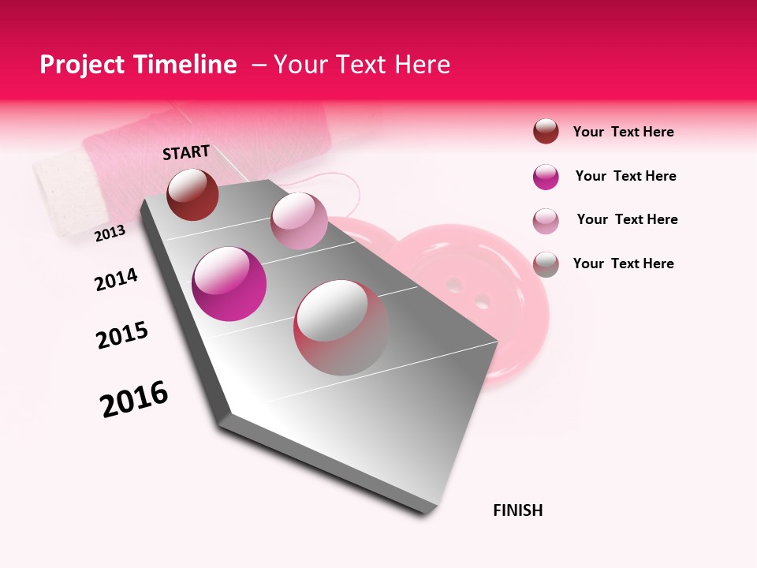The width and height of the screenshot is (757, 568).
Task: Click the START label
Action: coord(186,152)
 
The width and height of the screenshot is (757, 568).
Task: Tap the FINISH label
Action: coord(518,510)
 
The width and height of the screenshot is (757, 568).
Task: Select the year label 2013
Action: coord(110,233)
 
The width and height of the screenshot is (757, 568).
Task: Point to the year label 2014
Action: coord(116,280)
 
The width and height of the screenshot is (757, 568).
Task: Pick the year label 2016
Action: coord(134,399)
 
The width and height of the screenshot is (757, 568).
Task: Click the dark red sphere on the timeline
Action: coord(192,194)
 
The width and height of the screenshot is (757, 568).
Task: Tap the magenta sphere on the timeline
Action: coord(229,284)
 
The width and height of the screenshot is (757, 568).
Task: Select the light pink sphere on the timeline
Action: coord(299,221)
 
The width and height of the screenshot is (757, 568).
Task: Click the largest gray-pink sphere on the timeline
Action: coord(341,327)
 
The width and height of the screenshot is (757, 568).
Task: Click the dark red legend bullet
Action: coord(546,131)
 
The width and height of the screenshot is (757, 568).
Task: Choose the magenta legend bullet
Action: coord(546,177)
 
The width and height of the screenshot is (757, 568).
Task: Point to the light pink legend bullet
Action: coord(546,221)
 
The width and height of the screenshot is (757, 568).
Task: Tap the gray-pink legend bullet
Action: coord(546,264)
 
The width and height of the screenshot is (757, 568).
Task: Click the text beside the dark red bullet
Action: coord(623,132)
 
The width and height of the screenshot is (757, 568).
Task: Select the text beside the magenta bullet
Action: coord(625,176)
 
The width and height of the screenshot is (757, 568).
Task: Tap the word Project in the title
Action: coord(83,65)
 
